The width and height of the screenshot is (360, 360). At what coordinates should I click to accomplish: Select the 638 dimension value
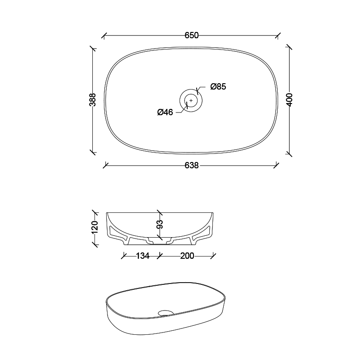click(192, 166)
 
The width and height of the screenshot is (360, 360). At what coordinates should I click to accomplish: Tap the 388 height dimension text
click(93, 99)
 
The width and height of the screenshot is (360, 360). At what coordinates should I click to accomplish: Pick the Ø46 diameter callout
click(165, 112)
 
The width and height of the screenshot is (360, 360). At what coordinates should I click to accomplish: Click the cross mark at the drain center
click(191, 100)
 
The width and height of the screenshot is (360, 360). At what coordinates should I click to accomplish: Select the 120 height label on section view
click(94, 227)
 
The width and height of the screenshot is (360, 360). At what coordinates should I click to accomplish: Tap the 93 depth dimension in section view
click(159, 224)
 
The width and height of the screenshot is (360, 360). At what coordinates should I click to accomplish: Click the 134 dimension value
click(142, 256)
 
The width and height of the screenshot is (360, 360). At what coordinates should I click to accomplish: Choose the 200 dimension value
click(187, 256)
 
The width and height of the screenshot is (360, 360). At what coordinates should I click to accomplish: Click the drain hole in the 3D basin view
click(167, 312)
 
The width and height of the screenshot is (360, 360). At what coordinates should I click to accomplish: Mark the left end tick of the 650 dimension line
click(104, 35)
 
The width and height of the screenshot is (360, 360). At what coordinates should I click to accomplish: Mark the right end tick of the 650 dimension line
click(279, 35)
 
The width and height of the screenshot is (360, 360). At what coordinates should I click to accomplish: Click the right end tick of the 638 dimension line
click(276, 165)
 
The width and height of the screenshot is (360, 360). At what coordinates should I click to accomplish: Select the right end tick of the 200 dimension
click(214, 256)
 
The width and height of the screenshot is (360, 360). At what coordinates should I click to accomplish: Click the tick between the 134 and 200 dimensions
click(159, 256)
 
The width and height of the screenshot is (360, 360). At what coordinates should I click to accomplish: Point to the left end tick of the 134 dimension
click(124, 256)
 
